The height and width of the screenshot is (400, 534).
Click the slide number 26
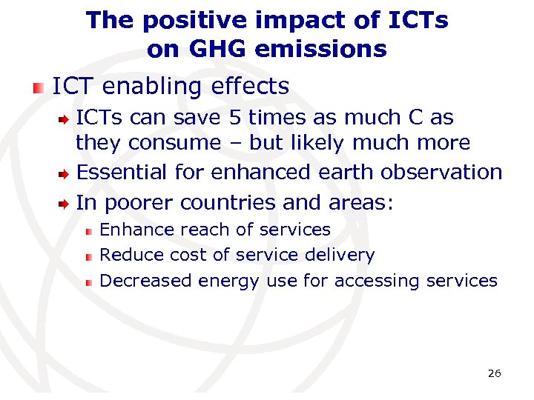494,373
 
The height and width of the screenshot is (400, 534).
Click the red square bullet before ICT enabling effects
37,87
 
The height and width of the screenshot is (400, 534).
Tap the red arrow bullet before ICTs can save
65,119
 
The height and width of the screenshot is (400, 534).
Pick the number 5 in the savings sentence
236,118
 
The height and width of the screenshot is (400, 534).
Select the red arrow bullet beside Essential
65,173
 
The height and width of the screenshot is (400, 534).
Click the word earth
347,172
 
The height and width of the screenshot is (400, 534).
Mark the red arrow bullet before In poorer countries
65,204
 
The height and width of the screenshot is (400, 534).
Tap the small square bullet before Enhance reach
88,231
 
